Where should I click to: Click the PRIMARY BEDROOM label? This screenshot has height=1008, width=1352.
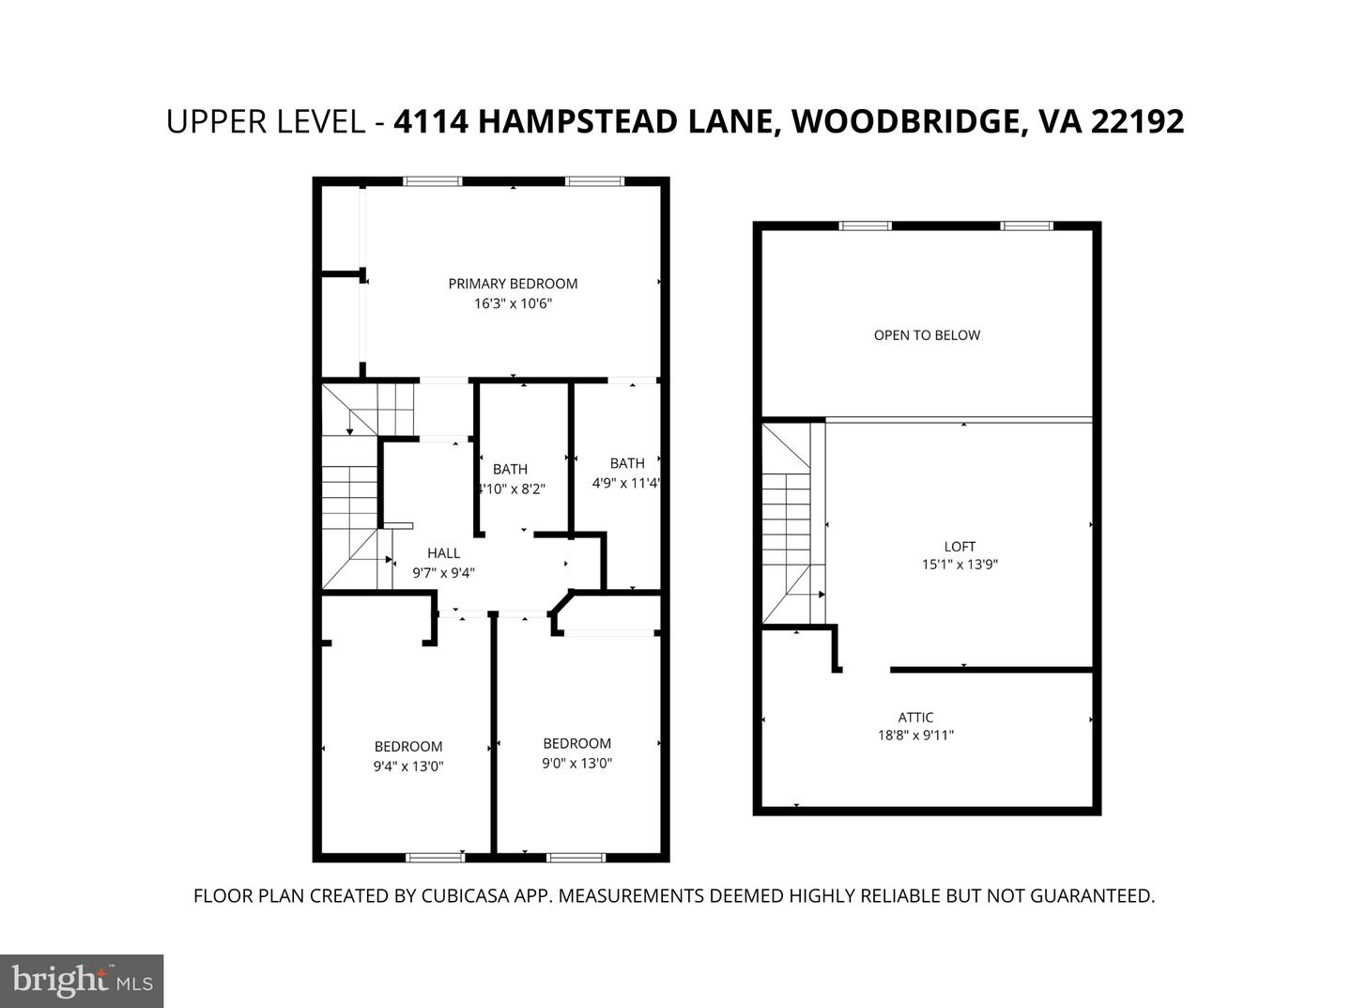[513, 284]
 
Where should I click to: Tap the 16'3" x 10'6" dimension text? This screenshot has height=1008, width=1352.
[513, 303]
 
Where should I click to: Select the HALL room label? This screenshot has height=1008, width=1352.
[443, 553]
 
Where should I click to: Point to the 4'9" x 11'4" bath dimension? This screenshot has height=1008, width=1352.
[626, 484]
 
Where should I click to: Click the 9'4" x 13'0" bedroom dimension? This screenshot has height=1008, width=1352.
[408, 766]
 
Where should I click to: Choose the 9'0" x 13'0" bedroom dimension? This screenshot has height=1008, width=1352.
[576, 763]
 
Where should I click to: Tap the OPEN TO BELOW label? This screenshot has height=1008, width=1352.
[927, 335]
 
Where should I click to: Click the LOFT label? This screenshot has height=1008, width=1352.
[960, 546]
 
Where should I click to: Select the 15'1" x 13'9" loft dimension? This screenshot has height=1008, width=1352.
[960, 565]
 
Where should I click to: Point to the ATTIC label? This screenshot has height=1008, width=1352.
[915, 718]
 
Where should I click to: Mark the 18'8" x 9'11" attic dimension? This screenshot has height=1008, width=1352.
[915, 736]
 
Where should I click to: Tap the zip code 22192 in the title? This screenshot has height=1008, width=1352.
[1137, 122]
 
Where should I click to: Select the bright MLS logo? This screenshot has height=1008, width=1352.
[82, 981]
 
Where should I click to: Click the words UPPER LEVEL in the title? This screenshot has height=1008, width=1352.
[266, 122]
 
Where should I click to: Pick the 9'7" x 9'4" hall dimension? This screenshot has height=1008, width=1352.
[443, 572]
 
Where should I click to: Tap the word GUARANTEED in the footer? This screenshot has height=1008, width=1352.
[1092, 896]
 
